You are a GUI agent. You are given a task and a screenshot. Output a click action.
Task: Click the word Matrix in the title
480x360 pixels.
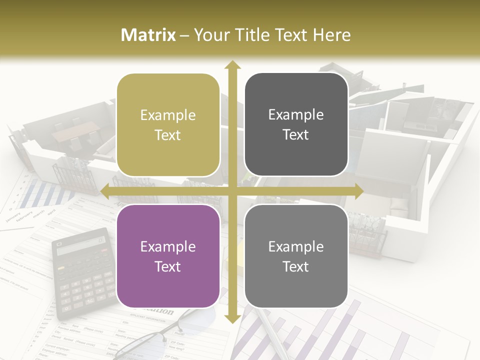(148, 35)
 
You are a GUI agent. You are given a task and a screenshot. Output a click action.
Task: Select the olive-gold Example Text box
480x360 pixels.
(168, 125)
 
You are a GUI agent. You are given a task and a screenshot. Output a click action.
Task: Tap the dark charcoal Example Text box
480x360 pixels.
(296, 124)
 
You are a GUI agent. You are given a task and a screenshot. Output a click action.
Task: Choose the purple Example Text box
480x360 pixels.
(168, 256)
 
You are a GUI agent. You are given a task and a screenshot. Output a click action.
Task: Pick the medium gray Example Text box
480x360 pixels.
(296, 256)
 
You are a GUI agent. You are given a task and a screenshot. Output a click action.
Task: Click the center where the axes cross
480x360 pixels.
(232, 191)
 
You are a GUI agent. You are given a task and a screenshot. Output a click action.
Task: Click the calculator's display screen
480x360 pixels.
(80, 245)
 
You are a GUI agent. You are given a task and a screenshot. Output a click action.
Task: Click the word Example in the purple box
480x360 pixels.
(168, 246)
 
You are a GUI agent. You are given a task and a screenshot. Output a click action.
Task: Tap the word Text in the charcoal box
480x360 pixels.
(296, 135)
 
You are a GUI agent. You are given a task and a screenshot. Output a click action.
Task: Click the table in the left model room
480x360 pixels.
(70, 131)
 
